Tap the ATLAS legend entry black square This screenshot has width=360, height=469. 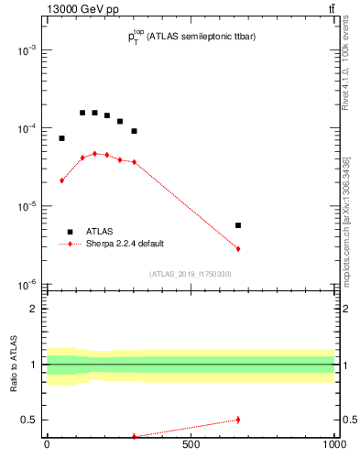pyautogui.click(x=70, y=232)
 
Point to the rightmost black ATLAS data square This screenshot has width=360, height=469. pyautogui.click(x=238, y=225)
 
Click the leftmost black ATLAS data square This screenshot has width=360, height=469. pyautogui.click(x=61, y=138)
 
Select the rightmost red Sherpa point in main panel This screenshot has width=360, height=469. pyautogui.click(x=238, y=249)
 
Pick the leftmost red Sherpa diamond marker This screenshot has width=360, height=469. pyautogui.click(x=61, y=180)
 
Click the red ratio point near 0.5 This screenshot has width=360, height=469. pyautogui.click(x=238, y=420)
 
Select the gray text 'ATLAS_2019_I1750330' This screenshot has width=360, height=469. pyautogui.click(x=190, y=274)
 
